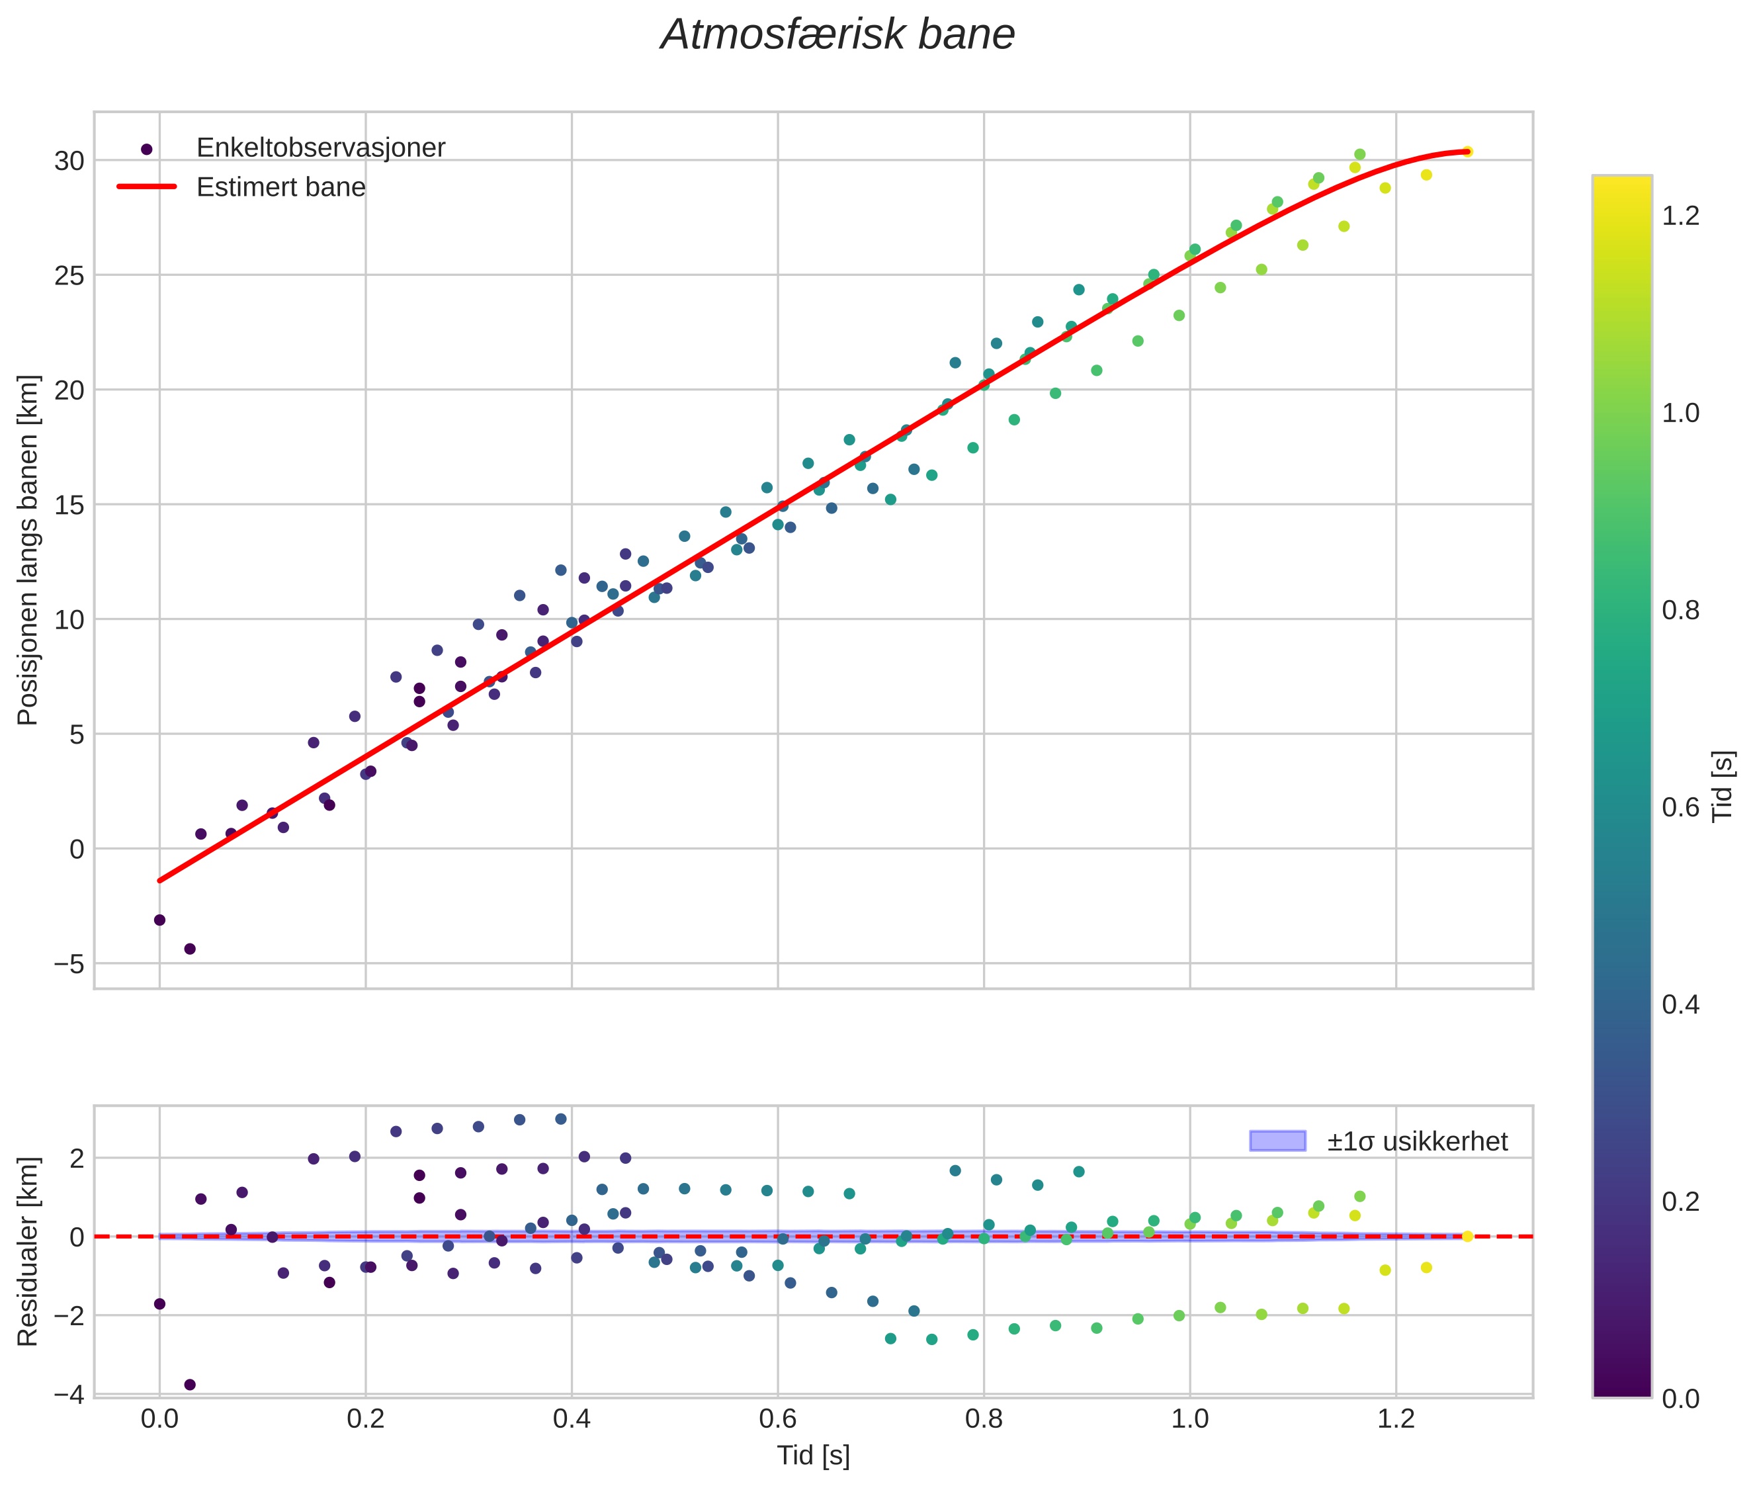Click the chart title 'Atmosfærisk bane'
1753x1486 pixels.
coord(837,35)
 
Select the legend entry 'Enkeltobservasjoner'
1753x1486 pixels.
coord(320,148)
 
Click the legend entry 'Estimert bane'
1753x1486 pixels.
coord(280,187)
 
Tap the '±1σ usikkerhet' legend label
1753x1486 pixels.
coord(1417,1141)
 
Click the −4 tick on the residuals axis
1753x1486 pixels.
coord(69,1395)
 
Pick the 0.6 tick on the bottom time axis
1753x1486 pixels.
coord(777,1419)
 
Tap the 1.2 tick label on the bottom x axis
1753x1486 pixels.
coord(1396,1419)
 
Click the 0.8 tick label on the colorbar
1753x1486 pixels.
coord(1680,610)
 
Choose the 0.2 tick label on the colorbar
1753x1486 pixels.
coord(1680,1202)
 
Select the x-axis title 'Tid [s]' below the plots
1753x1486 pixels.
coord(813,1456)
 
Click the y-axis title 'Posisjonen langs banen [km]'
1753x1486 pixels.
coord(28,549)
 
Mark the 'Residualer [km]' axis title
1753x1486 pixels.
coord(28,1252)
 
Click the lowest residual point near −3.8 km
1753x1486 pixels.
coord(190,1385)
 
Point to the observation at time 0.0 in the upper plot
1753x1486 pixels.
coord(159,920)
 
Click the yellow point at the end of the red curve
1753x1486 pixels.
coord(1467,152)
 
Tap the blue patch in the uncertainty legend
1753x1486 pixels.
coord(1277,1141)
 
